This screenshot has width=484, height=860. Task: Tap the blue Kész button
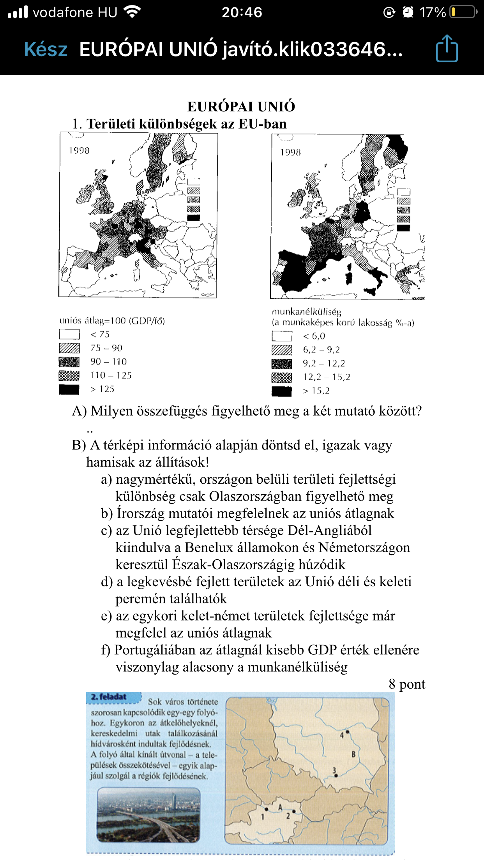point(46,49)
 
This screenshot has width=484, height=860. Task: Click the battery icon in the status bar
point(463,12)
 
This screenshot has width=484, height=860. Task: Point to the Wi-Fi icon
point(132,12)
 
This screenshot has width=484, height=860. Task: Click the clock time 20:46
point(242,12)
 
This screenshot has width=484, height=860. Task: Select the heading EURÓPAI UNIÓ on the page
point(241,106)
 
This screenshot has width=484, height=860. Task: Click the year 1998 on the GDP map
point(79,151)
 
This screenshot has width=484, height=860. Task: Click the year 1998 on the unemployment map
point(290,152)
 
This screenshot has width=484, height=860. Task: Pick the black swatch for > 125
point(69,389)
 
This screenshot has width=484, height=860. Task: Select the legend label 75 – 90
point(106,348)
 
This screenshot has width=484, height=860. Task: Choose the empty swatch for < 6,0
point(282,336)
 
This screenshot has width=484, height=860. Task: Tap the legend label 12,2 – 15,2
point(327,377)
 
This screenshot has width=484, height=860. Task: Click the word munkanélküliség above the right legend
point(306,312)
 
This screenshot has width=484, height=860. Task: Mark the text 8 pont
point(407,684)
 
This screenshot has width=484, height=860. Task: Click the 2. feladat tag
point(109,697)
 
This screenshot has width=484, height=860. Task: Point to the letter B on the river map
point(353,754)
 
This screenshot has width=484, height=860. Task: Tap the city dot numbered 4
point(348,732)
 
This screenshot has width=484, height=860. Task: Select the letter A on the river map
point(280,807)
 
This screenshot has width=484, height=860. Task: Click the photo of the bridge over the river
point(148,815)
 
